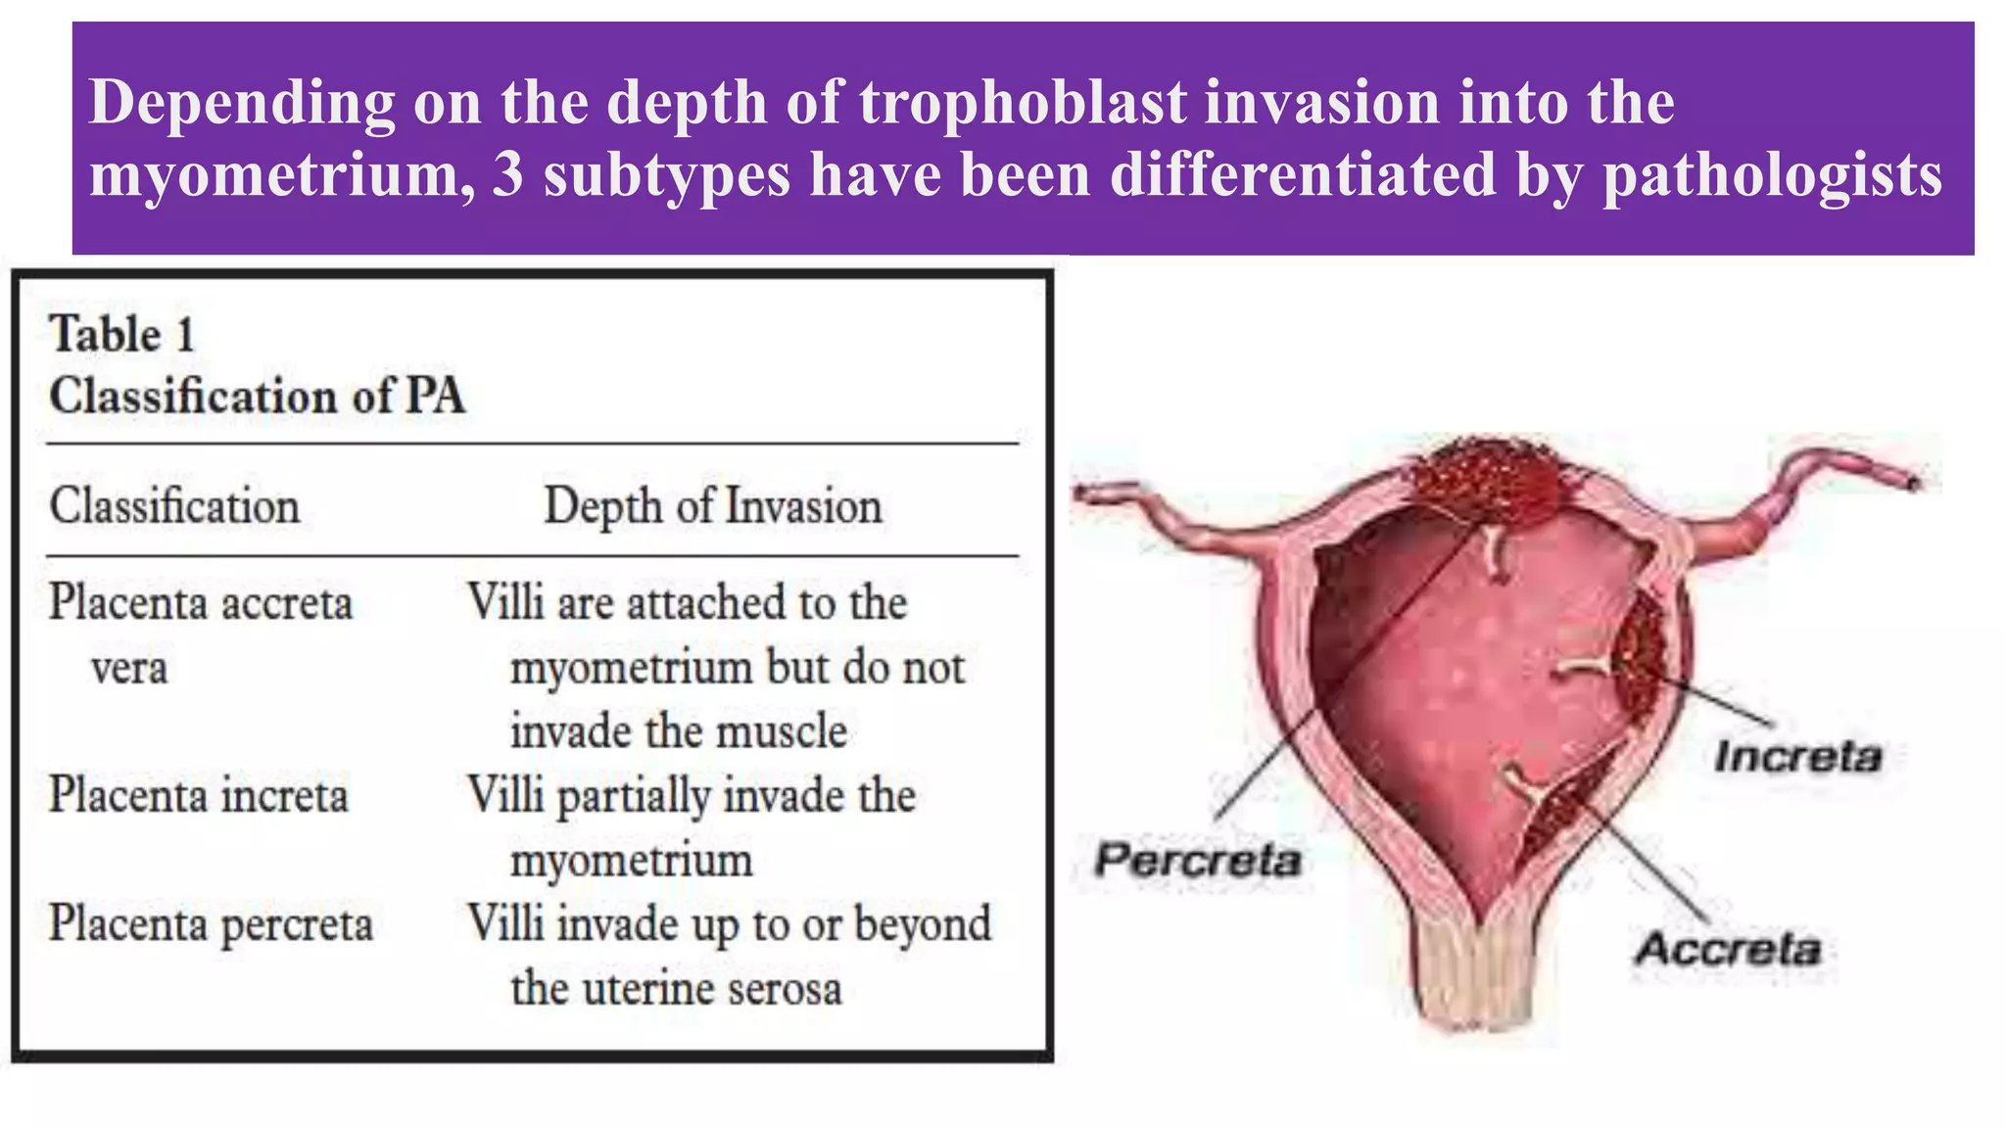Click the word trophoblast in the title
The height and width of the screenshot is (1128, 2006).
[x=1023, y=102]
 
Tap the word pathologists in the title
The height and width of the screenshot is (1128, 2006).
[x=1772, y=175]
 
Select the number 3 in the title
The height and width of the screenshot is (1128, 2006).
[x=508, y=175]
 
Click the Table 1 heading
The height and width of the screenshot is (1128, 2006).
[x=122, y=335]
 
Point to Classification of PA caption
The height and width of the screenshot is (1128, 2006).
[x=257, y=397]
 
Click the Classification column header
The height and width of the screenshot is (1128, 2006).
[x=174, y=506]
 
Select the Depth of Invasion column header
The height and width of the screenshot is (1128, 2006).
[x=712, y=506]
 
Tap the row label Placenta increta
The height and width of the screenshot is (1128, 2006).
[x=199, y=794]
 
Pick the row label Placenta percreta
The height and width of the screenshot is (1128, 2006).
[x=211, y=923]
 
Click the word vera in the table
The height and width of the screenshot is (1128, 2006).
[x=128, y=669]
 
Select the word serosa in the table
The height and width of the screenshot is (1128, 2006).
[x=785, y=988]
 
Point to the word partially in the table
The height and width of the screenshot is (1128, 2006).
[x=634, y=796]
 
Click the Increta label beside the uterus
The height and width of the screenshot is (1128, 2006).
[x=1797, y=756]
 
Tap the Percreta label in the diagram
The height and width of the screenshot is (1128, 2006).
[x=1197, y=860]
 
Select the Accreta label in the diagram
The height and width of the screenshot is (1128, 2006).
[x=1728, y=948]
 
